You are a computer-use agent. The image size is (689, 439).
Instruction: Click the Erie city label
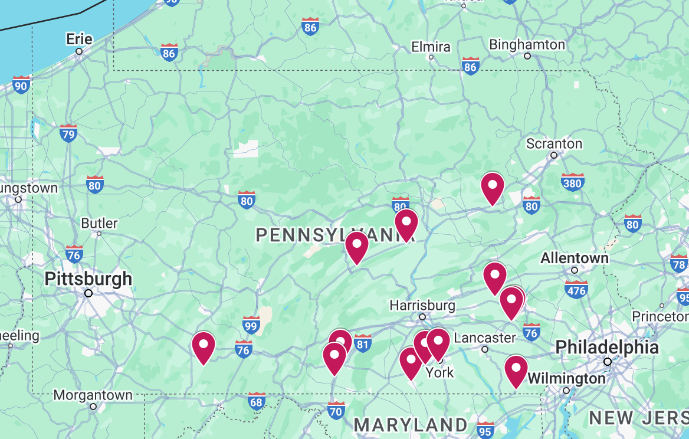coord(79,39)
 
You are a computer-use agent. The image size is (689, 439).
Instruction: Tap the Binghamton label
coord(527,45)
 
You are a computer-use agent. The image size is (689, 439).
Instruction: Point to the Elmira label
coord(431,47)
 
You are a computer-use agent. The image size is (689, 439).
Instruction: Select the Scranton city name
coord(554,144)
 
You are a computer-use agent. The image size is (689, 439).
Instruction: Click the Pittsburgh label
coord(88,279)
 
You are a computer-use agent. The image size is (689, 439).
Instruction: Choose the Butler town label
coord(99,224)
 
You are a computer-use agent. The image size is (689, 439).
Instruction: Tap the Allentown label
coord(575,258)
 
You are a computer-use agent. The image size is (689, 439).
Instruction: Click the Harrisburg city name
coord(422,306)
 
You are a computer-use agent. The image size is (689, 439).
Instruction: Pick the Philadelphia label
coord(607,347)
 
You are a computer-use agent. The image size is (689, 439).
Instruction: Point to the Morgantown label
coord(93,395)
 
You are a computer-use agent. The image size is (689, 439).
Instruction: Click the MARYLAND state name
coord(411,424)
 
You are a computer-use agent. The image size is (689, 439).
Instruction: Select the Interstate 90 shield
coord(21,85)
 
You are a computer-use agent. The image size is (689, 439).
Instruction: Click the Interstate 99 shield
coord(251,325)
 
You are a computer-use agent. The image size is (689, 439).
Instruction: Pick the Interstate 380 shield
coord(572,182)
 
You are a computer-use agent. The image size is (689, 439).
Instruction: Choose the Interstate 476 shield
coord(576,289)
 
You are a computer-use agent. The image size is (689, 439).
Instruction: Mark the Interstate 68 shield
coord(256,401)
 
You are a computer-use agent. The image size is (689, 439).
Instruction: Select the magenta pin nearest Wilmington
coord(516,369)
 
